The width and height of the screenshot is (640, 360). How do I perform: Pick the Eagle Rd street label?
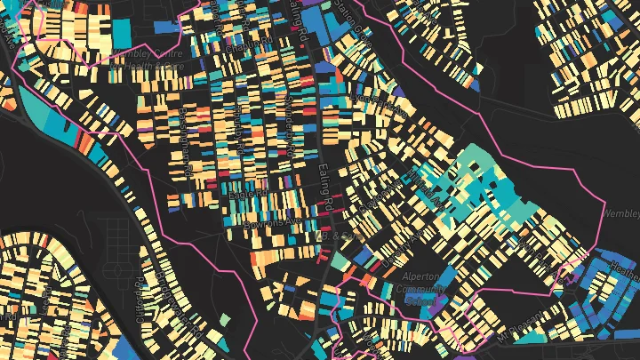tap(248, 192)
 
